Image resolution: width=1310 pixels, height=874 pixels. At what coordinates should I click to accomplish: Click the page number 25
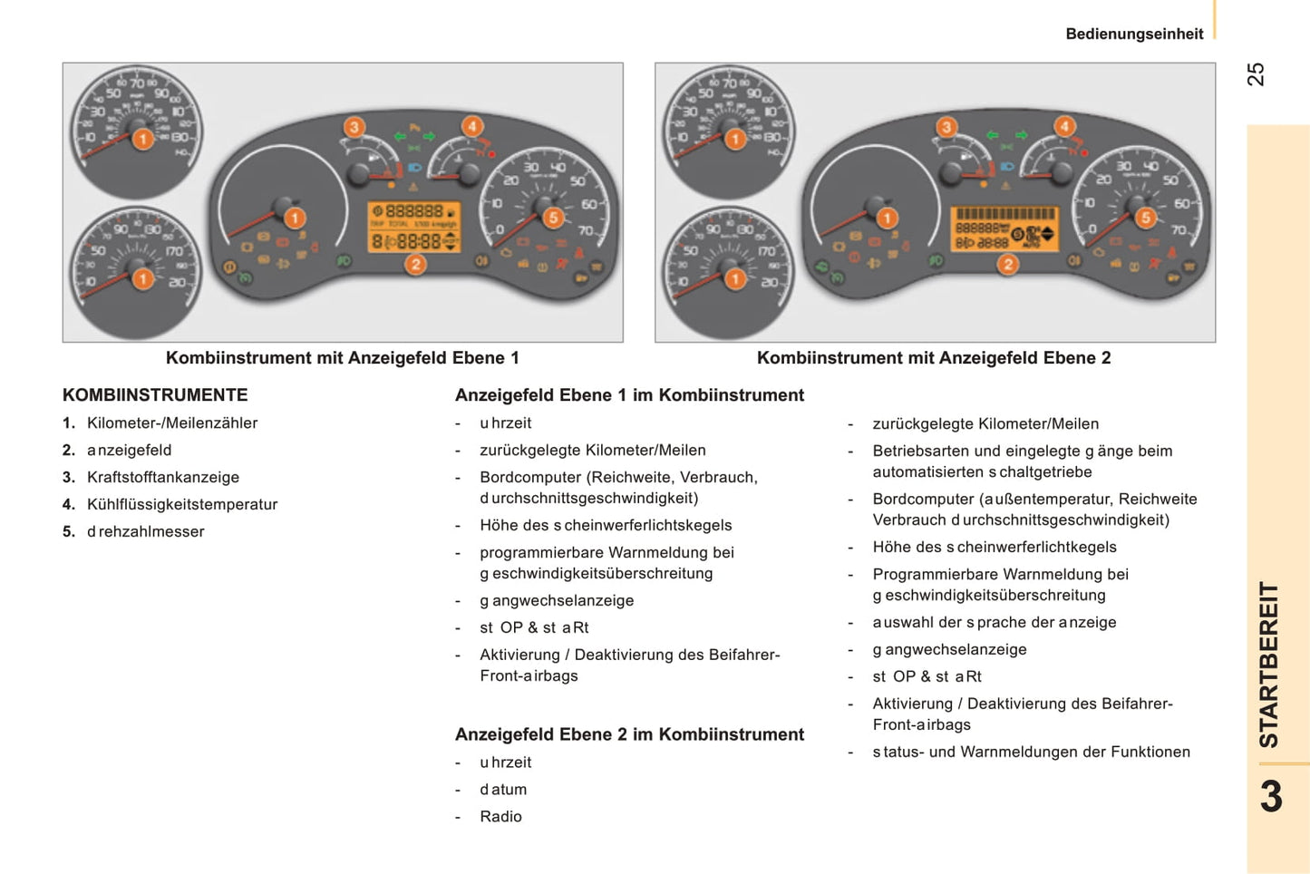(1256, 74)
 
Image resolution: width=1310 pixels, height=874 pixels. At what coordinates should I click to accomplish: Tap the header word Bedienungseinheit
(1134, 34)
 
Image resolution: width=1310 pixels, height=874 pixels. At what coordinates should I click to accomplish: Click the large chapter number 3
(1271, 797)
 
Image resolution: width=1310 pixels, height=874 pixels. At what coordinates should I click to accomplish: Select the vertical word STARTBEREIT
(1269, 664)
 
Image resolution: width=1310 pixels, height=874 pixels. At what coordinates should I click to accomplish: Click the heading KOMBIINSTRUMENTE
(155, 395)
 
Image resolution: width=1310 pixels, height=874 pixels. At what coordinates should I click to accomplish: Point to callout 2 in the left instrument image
(415, 265)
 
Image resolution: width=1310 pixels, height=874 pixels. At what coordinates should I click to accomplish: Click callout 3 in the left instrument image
(354, 127)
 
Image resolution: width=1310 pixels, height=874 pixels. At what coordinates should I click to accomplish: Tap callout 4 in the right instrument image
(1064, 127)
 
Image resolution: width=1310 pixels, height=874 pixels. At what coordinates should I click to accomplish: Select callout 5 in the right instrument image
(1146, 218)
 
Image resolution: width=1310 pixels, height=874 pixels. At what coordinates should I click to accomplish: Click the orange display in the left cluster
(414, 228)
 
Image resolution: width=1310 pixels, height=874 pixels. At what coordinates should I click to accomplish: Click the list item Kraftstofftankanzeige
(163, 478)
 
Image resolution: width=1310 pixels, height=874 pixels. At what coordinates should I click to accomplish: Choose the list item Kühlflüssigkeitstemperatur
(182, 505)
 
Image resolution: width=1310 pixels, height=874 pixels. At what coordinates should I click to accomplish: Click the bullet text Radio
(500, 817)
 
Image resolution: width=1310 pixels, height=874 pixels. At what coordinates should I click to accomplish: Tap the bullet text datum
(503, 790)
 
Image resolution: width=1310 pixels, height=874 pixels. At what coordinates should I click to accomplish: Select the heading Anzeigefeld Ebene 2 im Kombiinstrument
(629, 734)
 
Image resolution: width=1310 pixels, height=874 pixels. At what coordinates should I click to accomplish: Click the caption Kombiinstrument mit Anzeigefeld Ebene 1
(343, 358)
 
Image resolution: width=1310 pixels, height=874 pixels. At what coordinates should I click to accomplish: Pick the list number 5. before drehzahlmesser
(69, 532)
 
